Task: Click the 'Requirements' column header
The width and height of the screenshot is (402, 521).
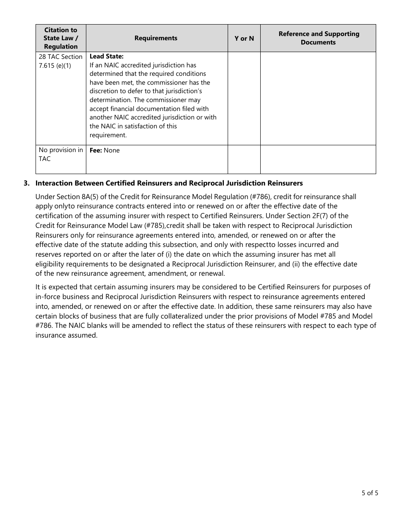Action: [x=156, y=38]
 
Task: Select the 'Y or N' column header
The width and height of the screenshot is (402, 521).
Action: [x=244, y=38]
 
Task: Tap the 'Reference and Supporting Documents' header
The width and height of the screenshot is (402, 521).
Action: [x=318, y=38]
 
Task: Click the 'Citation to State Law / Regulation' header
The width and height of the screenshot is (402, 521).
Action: [x=61, y=38]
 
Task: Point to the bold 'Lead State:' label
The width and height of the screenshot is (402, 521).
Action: [x=107, y=56]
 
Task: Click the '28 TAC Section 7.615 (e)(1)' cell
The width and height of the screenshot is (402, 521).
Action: [x=61, y=61]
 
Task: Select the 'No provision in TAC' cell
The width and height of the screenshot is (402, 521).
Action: [x=61, y=154]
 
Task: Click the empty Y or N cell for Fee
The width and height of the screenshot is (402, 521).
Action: [x=244, y=159]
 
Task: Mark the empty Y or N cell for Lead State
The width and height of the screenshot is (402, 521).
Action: [x=244, y=98]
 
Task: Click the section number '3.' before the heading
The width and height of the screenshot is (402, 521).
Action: [x=27, y=183]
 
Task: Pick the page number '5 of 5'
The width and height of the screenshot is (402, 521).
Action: [x=370, y=493]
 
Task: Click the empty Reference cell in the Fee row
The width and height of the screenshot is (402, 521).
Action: [x=318, y=159]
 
